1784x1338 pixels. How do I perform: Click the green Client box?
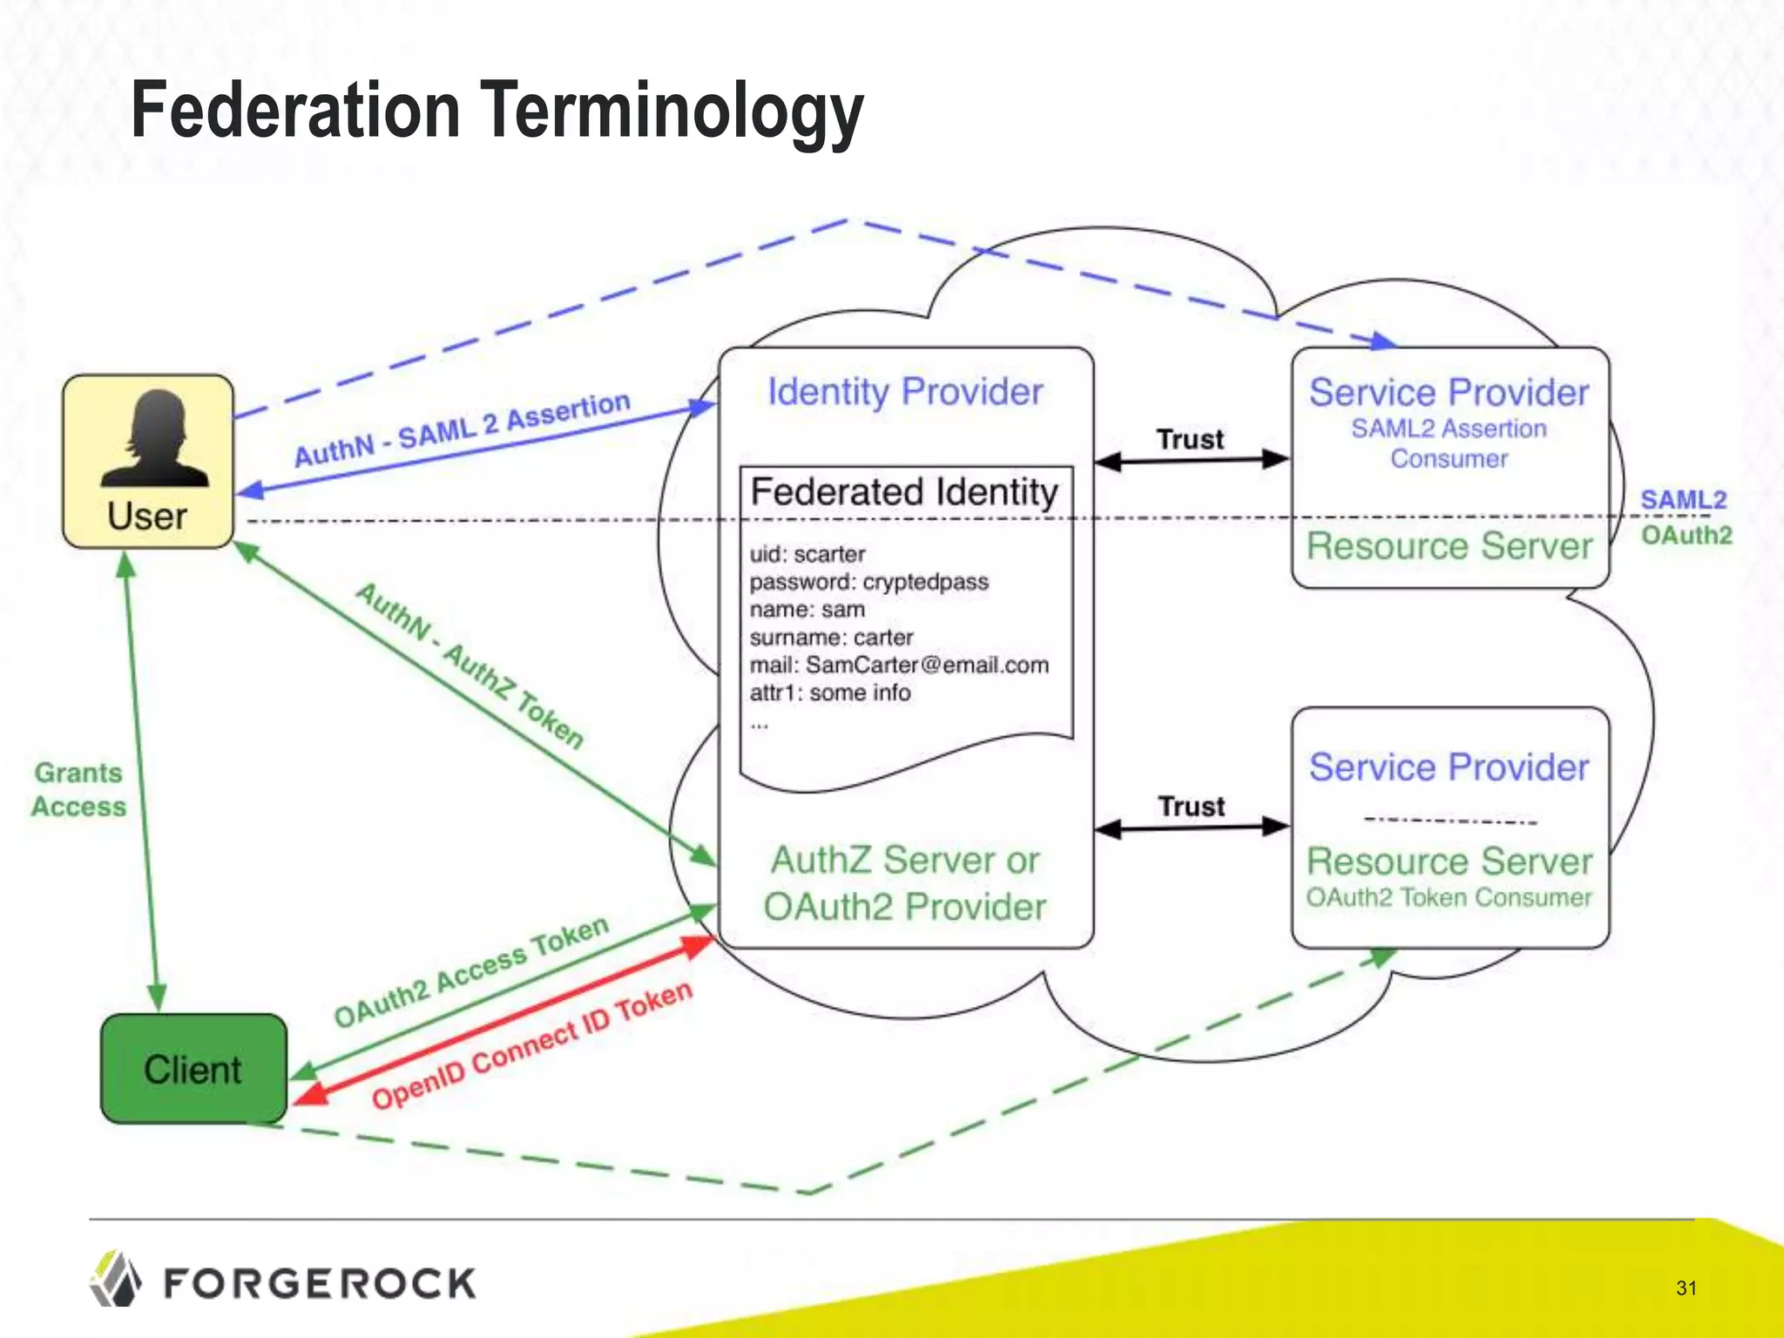point(193,1069)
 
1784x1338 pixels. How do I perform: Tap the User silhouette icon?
point(155,438)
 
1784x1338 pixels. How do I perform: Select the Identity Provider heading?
point(904,392)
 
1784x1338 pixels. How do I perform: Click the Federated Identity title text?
point(904,492)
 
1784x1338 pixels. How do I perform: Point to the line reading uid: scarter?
point(808,554)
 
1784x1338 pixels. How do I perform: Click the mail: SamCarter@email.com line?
point(899,666)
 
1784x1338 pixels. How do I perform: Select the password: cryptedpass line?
point(868,582)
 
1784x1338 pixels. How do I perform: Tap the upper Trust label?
point(1190,439)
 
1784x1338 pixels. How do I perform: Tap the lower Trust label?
point(1191,807)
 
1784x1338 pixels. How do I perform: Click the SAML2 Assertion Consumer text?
point(1449,443)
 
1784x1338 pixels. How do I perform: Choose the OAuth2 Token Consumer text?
point(1449,898)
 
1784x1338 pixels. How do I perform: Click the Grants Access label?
point(78,789)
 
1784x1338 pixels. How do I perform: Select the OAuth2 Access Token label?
point(471,971)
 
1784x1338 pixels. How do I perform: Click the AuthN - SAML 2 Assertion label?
point(462,429)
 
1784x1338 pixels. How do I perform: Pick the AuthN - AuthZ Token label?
point(470,666)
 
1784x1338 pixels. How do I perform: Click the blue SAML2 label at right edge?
point(1683,500)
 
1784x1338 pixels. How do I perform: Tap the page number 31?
point(1686,1287)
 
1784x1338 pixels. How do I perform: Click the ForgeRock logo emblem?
point(115,1280)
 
